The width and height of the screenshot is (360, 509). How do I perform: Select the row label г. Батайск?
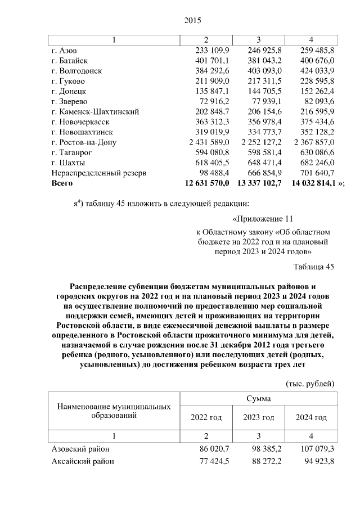click(70, 60)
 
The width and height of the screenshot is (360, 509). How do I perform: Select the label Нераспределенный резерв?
click(98, 173)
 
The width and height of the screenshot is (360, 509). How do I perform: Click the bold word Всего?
click(62, 183)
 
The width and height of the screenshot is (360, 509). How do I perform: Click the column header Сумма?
click(259, 398)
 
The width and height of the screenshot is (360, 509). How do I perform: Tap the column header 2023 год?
click(259, 417)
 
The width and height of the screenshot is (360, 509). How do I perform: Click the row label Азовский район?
click(80, 449)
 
